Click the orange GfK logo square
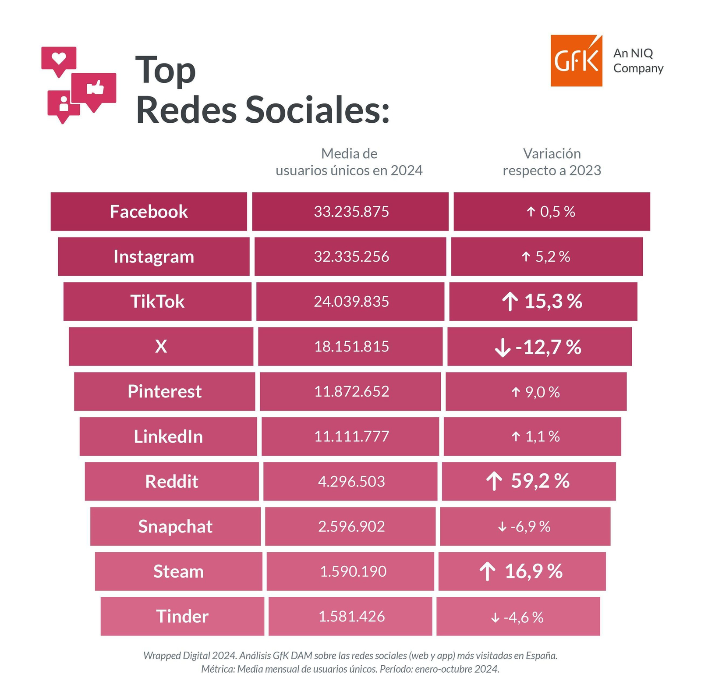click(576, 60)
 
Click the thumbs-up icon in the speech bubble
click(95, 87)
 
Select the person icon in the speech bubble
click(64, 103)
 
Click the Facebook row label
click(149, 212)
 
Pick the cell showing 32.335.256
click(351, 257)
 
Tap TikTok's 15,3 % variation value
click(553, 302)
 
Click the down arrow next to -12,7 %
click(503, 348)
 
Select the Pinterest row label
click(164, 392)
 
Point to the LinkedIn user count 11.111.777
click(351, 436)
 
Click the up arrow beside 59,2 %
click(494, 481)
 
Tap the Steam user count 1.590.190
click(353, 571)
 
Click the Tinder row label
click(182, 617)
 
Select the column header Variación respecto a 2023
click(552, 162)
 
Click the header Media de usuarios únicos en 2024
click(349, 162)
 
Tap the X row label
click(161, 347)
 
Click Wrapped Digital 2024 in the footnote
click(190, 656)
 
